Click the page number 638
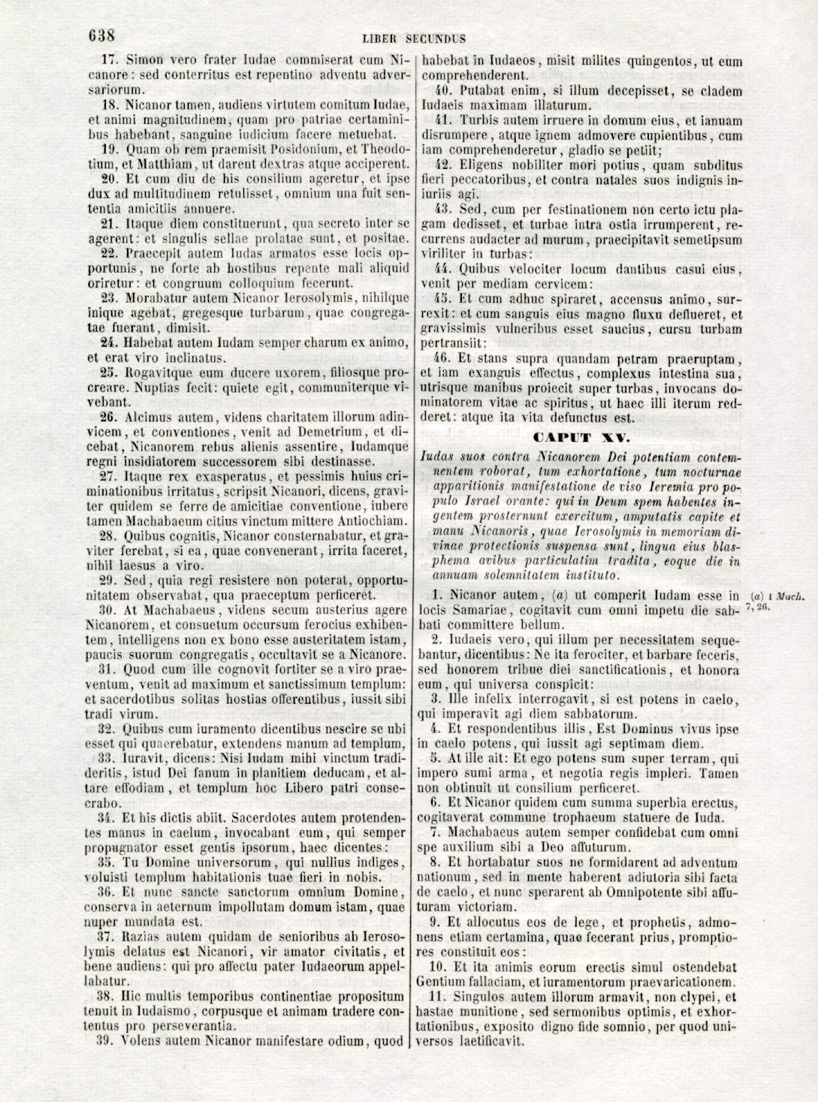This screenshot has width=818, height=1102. tap(100, 35)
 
